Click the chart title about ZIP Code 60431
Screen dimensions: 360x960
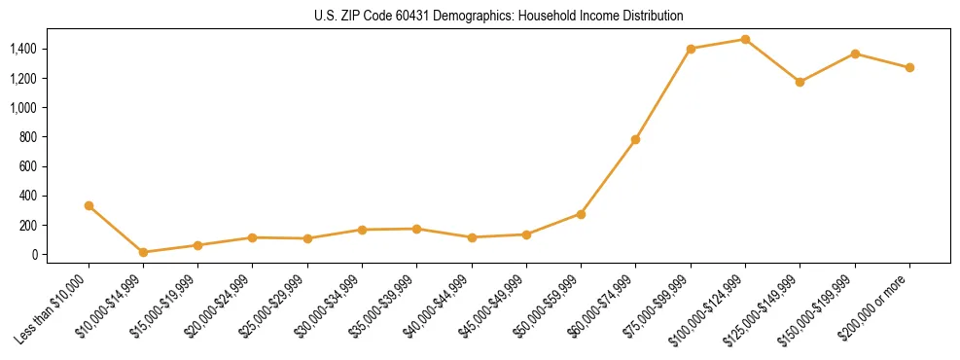point(499,17)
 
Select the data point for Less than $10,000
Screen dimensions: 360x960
point(89,205)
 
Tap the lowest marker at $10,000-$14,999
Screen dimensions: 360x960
point(143,252)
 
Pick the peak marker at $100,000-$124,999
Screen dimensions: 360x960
point(745,39)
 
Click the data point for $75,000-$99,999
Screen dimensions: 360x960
point(691,49)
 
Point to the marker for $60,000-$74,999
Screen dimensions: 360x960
point(635,139)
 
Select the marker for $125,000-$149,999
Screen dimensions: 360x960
point(800,82)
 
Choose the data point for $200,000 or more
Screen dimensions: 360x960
point(909,67)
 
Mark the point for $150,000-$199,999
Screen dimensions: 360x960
point(855,54)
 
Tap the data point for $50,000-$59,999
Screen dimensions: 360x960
point(581,214)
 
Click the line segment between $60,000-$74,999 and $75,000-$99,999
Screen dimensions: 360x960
point(663,93)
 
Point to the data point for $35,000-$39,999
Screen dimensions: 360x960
point(416,229)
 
